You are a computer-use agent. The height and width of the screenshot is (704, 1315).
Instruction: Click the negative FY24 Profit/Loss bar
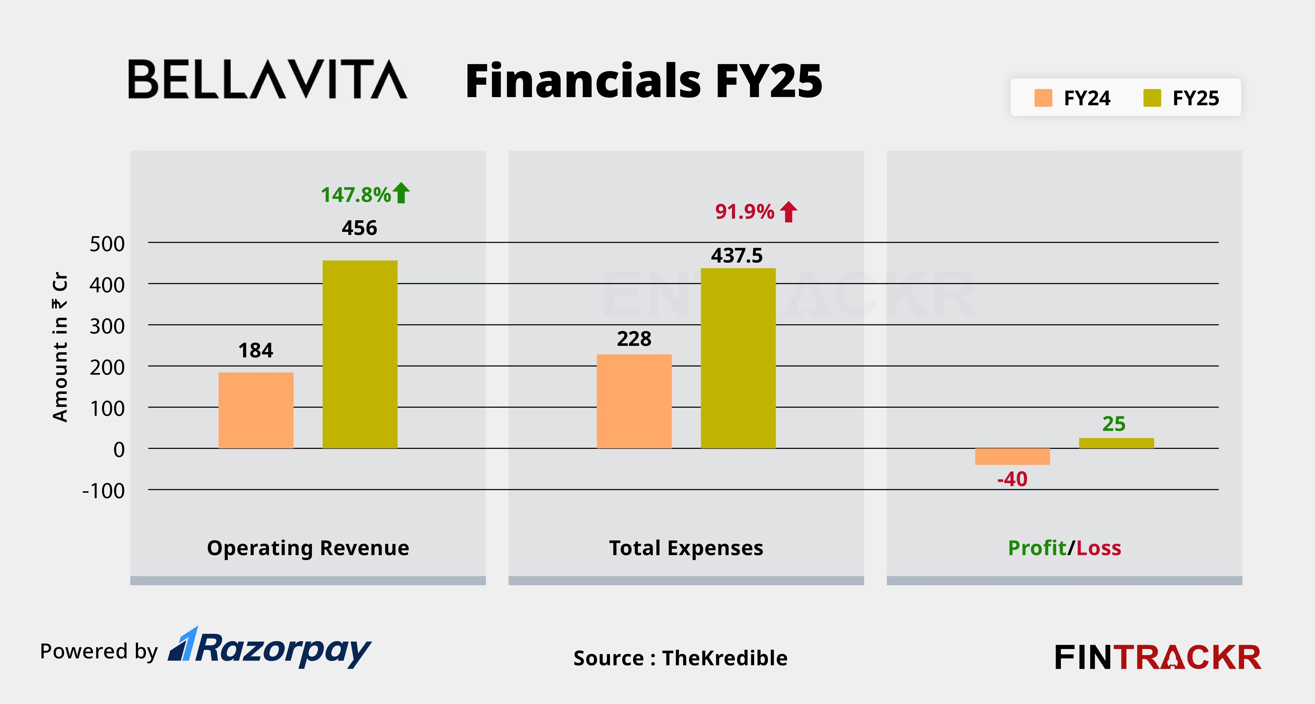(x=1012, y=457)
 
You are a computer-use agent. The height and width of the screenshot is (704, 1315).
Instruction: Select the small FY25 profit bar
(x=1117, y=443)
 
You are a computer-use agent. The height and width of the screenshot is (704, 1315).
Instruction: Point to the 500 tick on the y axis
(x=107, y=244)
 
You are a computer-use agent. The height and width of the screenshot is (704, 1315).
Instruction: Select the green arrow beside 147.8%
(x=401, y=193)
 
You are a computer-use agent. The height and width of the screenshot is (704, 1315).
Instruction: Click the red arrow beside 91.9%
(x=789, y=211)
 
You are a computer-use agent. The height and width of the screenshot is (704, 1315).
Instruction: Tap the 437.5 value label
(x=737, y=255)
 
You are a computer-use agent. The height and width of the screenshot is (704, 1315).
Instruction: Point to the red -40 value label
(x=1012, y=479)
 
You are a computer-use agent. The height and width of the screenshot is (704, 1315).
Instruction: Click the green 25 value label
(x=1114, y=424)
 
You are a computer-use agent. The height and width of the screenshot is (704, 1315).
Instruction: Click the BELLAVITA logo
(x=267, y=79)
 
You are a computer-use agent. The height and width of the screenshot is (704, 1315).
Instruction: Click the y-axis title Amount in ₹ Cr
(x=60, y=347)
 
